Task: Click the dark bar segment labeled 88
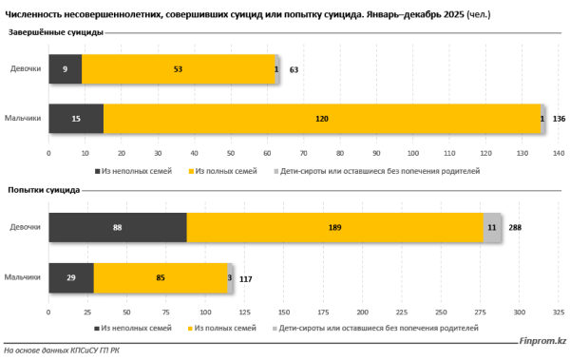coord(118,228)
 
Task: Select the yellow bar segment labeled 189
coord(335,228)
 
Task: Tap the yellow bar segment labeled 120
coord(323,119)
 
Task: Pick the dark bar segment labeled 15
coord(76,119)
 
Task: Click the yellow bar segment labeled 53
coord(178,69)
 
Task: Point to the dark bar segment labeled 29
coord(71,277)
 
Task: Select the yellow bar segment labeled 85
coord(161,277)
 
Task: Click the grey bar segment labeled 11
coord(492,228)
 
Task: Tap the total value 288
coord(516,228)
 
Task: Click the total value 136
coord(559,119)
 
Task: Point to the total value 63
coord(294,69)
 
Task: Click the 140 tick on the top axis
coord(559,152)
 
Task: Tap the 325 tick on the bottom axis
coord(559,311)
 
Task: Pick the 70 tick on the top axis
coord(303,152)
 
